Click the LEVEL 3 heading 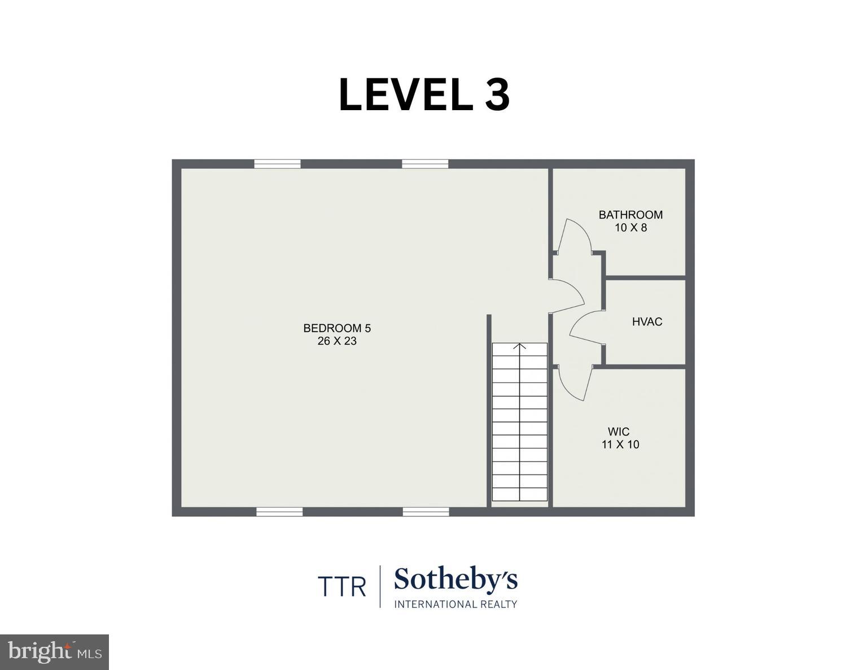(424, 95)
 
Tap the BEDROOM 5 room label (337, 328)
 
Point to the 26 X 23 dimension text (337, 341)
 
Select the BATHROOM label (630, 215)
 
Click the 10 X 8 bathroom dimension (630, 228)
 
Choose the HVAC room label (647, 322)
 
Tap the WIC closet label (619, 432)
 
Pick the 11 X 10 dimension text (620, 445)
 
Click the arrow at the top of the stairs (520, 346)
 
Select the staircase (520, 424)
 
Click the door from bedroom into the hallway (567, 295)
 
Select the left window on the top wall (277, 164)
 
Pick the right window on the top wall (425, 164)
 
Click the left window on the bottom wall (279, 512)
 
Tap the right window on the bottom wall (426, 512)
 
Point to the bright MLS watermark (54, 652)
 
